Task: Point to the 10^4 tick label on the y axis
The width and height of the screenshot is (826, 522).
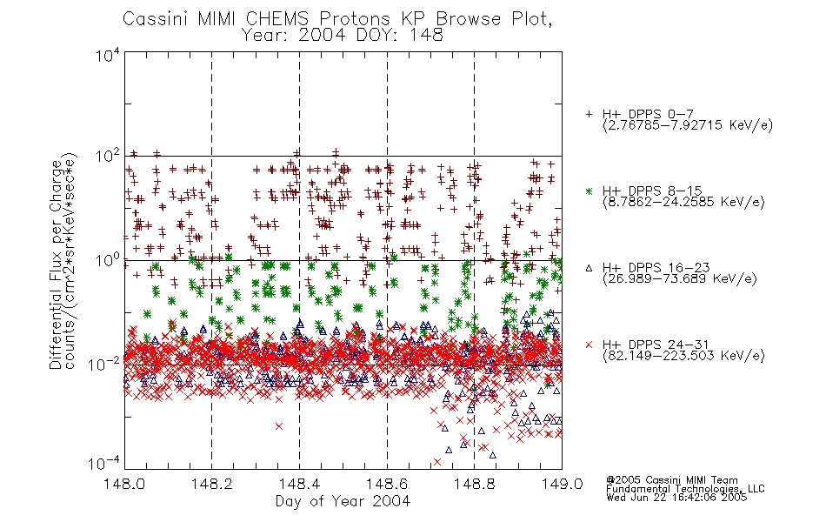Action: point(108,55)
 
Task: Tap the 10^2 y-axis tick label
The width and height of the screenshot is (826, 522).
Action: point(108,157)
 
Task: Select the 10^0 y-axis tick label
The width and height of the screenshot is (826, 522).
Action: point(108,260)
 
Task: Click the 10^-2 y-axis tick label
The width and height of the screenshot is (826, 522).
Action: point(104,364)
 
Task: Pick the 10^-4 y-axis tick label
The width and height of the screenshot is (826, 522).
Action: point(104,464)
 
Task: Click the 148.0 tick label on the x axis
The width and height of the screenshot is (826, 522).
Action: point(124,484)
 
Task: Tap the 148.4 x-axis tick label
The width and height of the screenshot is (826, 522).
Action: point(299,484)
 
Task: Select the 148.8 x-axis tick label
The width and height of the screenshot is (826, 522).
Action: point(474,484)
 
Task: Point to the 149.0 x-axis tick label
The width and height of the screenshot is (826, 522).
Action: point(562,484)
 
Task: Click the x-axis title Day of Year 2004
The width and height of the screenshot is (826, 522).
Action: point(343,501)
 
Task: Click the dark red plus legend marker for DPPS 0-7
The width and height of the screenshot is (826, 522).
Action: point(589,114)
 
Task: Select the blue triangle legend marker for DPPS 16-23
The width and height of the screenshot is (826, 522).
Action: point(589,268)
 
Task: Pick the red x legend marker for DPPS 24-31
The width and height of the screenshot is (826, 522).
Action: point(589,345)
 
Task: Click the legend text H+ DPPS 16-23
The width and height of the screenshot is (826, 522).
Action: point(656,268)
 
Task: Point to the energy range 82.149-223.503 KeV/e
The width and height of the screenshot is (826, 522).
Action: point(683,356)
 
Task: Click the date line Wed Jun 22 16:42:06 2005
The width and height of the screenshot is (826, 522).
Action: point(676,498)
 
